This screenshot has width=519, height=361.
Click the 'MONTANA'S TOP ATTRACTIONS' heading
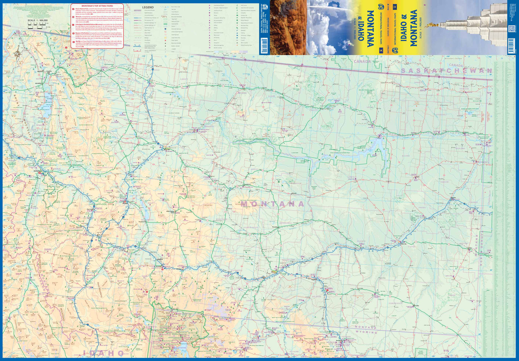point(97,6)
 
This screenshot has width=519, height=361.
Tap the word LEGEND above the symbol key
point(148,7)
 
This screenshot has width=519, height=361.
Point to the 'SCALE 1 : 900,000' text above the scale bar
point(38,20)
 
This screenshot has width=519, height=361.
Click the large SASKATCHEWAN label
point(446,71)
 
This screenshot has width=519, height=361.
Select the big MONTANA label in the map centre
point(273,204)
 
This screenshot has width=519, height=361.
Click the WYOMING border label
point(366,332)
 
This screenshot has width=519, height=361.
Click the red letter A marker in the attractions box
point(73,9)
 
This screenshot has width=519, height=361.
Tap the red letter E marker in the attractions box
point(73,41)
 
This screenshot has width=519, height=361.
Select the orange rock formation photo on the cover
point(288,27)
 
